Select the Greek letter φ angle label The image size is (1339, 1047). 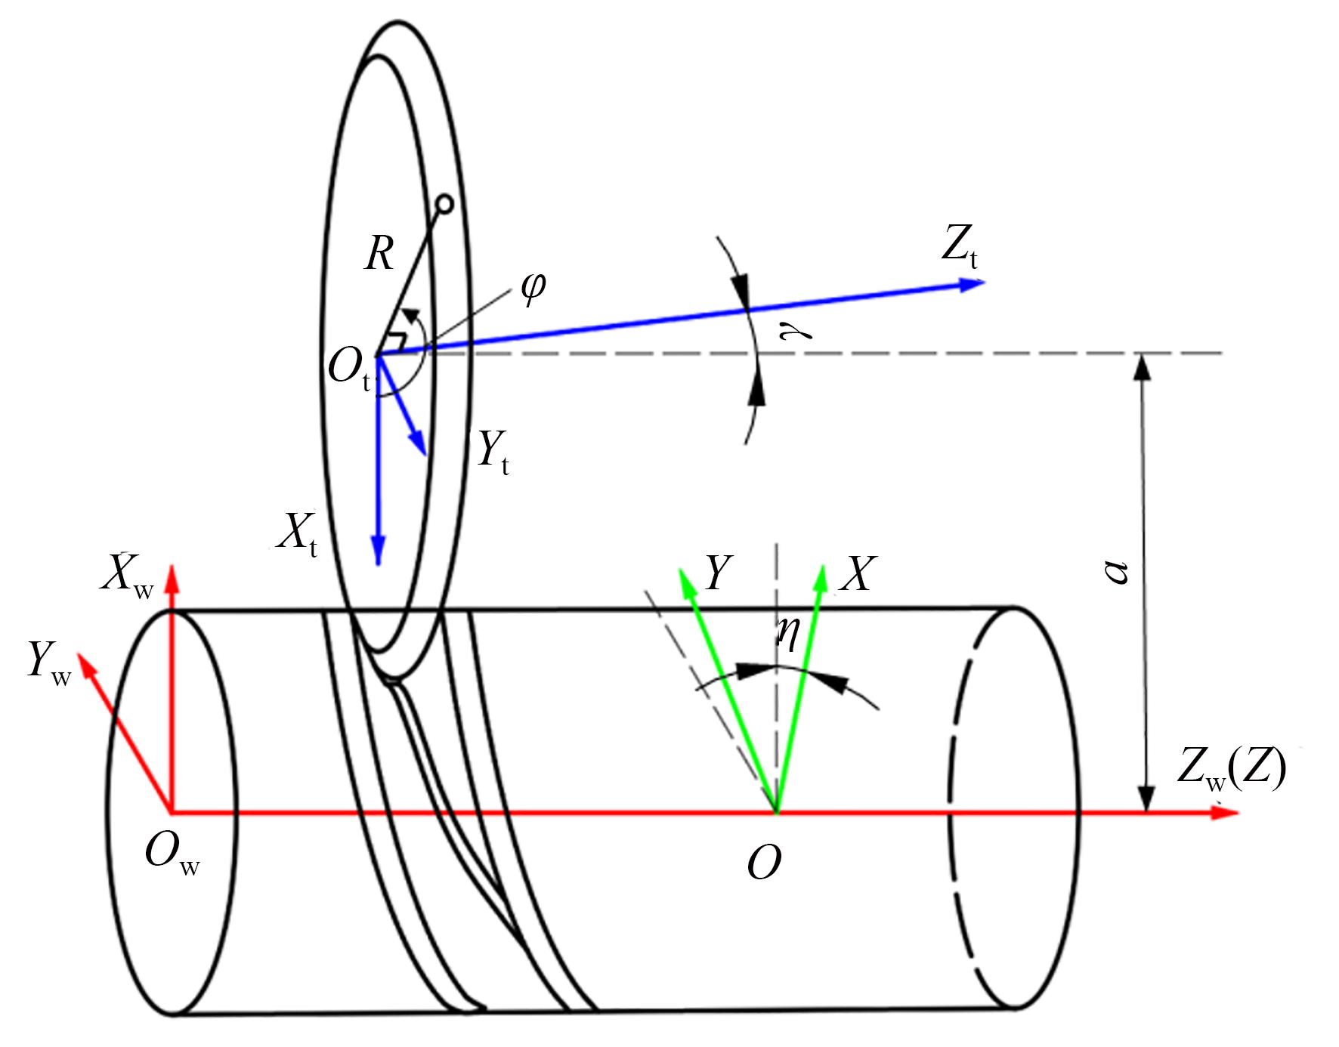coord(533,288)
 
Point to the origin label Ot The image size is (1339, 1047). coord(350,372)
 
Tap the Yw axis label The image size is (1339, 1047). coord(49,662)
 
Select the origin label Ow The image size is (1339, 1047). coord(172,855)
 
